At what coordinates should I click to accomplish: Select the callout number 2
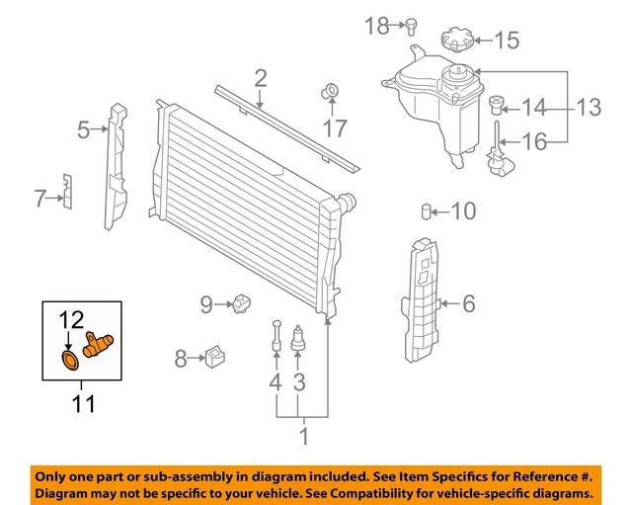coord(261,78)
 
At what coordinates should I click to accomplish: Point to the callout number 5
coord(84,128)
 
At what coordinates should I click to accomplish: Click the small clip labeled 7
coord(66,192)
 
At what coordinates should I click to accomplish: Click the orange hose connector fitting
coord(100,345)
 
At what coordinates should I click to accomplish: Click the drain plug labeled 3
coord(299,340)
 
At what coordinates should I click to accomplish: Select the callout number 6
coord(467,303)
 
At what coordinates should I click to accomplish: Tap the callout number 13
coord(589,107)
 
